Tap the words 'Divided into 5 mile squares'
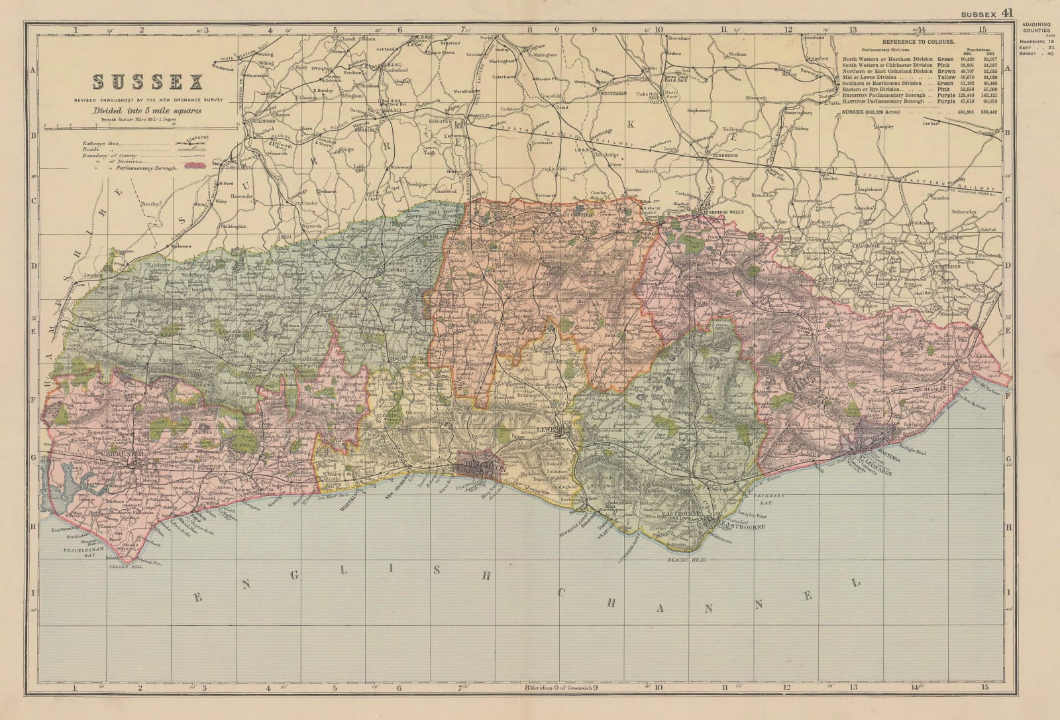pyautogui.click(x=148, y=111)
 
